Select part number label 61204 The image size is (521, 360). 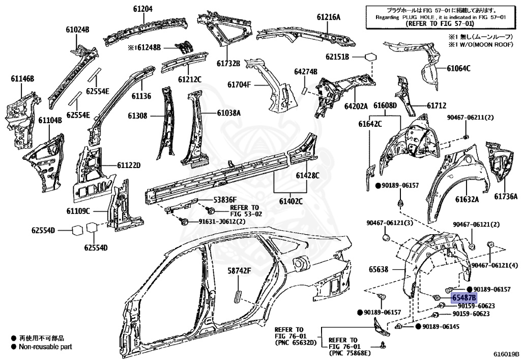(143, 9)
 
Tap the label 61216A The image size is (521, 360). (328, 17)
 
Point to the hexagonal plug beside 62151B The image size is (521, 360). (371, 56)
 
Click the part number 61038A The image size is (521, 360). (228, 113)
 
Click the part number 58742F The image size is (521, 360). (239, 271)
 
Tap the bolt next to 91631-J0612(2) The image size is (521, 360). (184, 221)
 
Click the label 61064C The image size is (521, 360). (458, 68)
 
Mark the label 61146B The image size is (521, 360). (22, 78)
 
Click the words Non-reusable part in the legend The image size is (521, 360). (45, 347)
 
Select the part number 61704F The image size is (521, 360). (239, 85)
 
